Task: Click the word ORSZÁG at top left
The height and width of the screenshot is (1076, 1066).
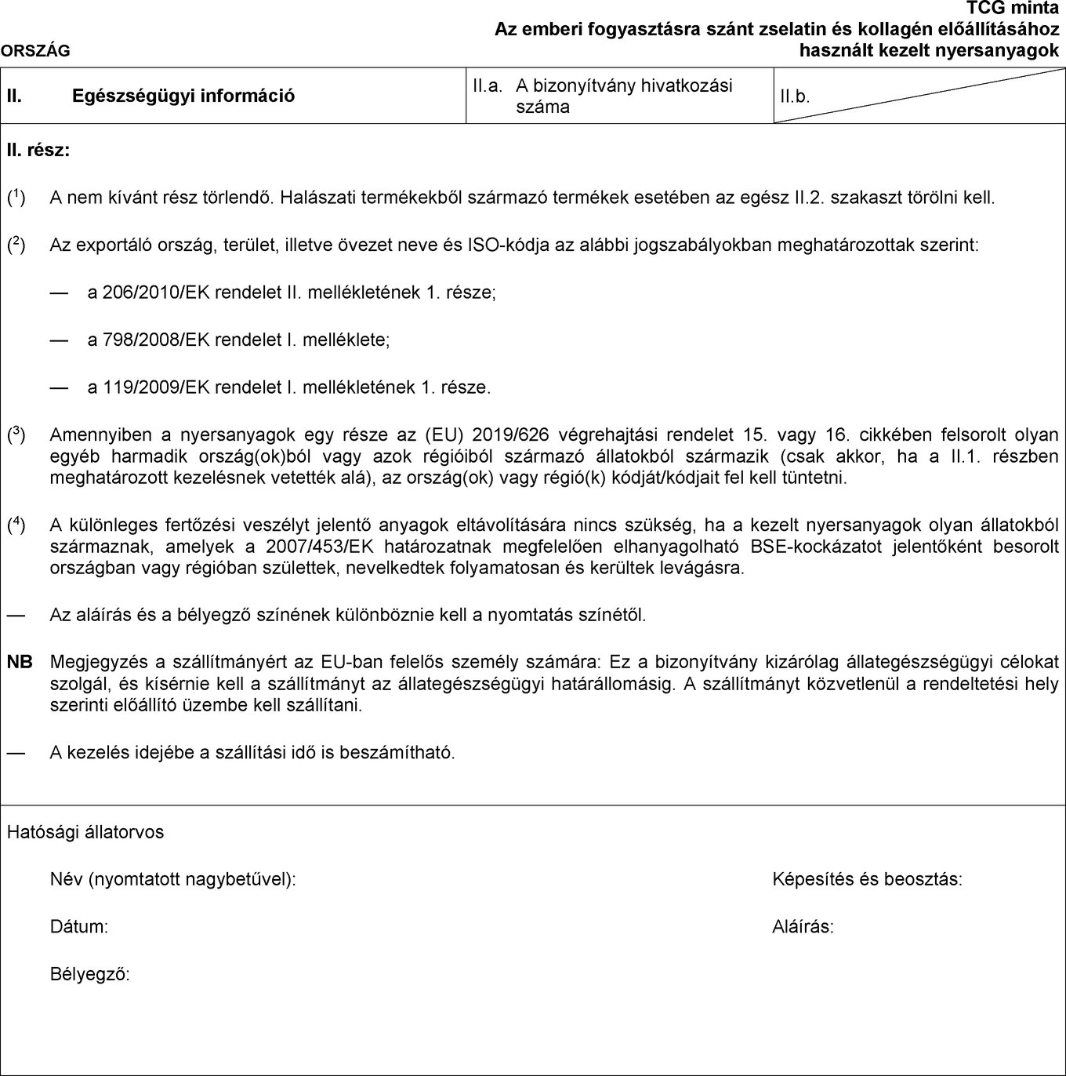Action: pyautogui.click(x=35, y=52)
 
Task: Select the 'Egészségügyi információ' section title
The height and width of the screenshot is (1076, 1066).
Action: pyautogui.click(x=183, y=96)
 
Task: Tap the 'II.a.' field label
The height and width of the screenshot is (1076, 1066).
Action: pyautogui.click(x=487, y=86)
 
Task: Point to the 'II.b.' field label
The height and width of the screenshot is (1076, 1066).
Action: pyautogui.click(x=795, y=97)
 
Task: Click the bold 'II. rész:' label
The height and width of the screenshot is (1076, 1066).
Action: pyautogui.click(x=38, y=150)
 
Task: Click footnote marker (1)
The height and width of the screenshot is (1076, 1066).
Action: pyautogui.click(x=16, y=198)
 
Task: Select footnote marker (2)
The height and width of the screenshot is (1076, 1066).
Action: pyautogui.click(x=16, y=245)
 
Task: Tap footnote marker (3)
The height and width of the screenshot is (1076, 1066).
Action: pyautogui.click(x=16, y=434)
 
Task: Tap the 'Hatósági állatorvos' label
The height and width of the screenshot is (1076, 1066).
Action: pyautogui.click(x=85, y=832)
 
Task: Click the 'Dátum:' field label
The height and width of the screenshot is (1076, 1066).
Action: pyautogui.click(x=79, y=927)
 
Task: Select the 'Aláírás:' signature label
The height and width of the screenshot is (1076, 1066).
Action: pyautogui.click(x=803, y=927)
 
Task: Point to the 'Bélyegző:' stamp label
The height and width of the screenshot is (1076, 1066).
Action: pyautogui.click(x=90, y=975)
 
